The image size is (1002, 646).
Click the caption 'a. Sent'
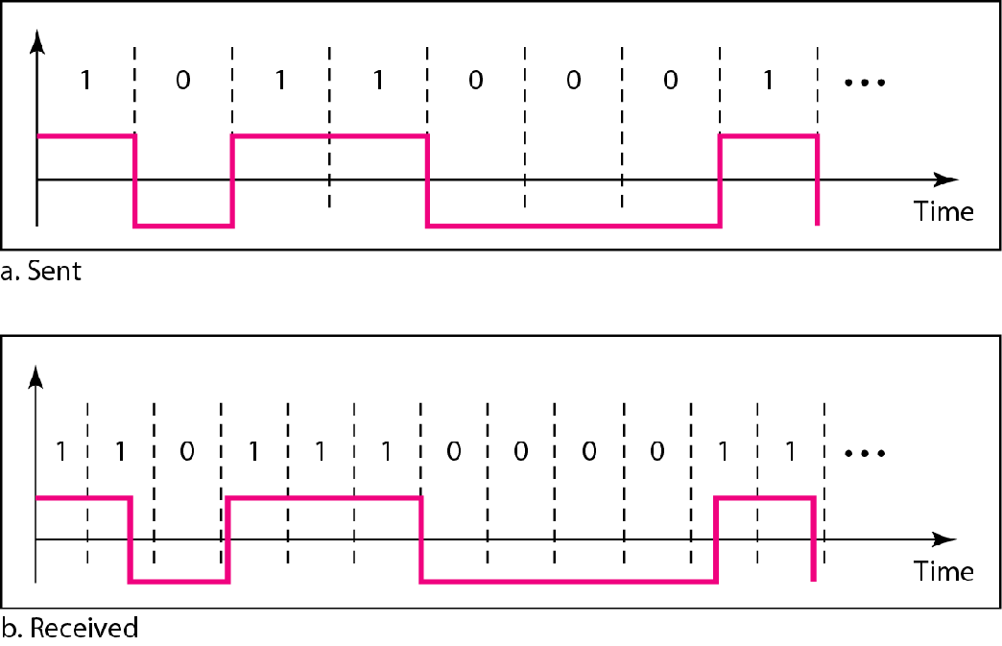tap(41, 272)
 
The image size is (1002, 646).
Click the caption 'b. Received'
tap(69, 630)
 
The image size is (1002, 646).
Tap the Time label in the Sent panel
tap(943, 210)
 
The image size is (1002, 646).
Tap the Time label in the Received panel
tap(943, 571)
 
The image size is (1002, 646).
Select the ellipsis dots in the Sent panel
tap(864, 83)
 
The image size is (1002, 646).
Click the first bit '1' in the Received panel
tap(60, 450)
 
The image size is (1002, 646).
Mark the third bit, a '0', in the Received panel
tap(186, 450)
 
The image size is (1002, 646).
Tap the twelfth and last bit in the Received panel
tap(790, 450)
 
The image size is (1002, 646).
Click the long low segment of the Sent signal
tap(573, 227)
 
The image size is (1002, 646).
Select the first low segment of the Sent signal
tap(183, 227)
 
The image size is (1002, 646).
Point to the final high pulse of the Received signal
tap(765, 497)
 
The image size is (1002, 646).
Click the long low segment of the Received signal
tap(568, 581)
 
